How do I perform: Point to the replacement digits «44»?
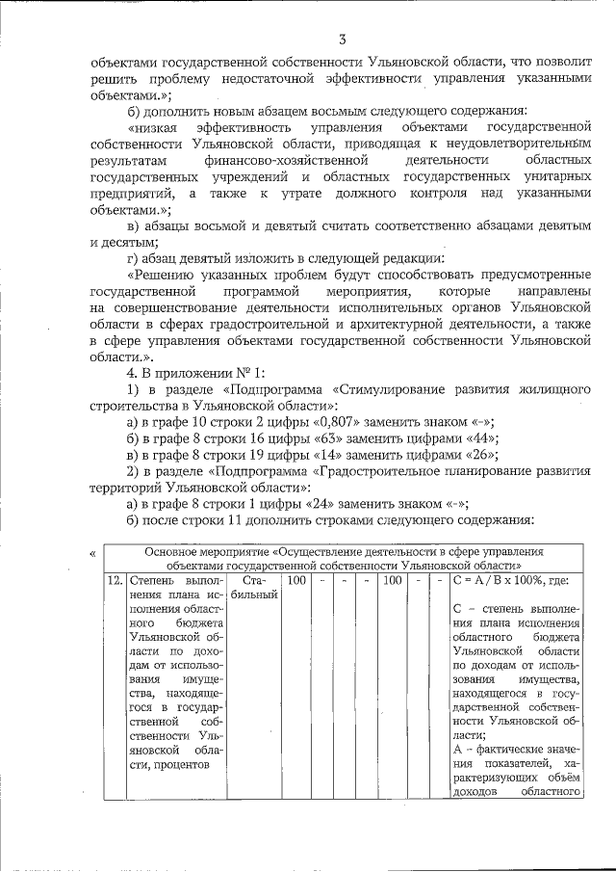[x=449, y=438]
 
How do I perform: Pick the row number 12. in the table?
[x=114, y=583]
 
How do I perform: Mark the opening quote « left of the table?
[x=91, y=554]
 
